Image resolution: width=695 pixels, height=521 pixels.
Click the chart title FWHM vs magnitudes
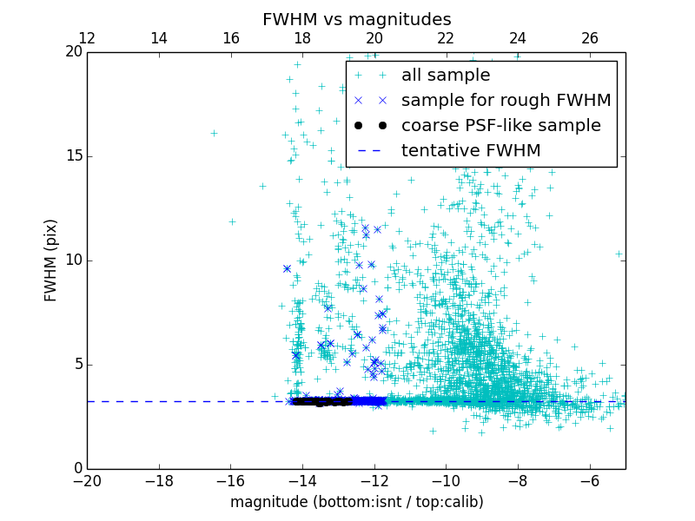pyautogui.click(x=356, y=19)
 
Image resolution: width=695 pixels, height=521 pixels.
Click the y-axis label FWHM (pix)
pyautogui.click(x=51, y=260)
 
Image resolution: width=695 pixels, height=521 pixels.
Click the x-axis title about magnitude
pyautogui.click(x=356, y=502)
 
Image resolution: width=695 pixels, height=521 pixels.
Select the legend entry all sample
pyautogui.click(x=446, y=76)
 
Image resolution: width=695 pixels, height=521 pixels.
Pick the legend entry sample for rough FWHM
pyautogui.click(x=506, y=101)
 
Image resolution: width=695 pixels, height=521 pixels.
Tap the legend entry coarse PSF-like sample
pyautogui.click(x=500, y=126)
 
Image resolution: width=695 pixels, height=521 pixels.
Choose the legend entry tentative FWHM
pyautogui.click(x=471, y=151)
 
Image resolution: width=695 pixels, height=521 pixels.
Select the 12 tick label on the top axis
pyautogui.click(x=87, y=38)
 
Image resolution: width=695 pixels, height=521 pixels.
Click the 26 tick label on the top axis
pyautogui.click(x=589, y=38)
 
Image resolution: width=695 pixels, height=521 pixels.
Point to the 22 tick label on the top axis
pyautogui.click(x=446, y=38)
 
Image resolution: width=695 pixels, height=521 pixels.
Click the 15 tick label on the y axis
pyautogui.click(x=71, y=156)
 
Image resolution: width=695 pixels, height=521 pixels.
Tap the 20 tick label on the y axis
pyautogui.click(x=71, y=52)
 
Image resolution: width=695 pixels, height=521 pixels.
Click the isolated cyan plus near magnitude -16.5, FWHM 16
pyautogui.click(x=214, y=133)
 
